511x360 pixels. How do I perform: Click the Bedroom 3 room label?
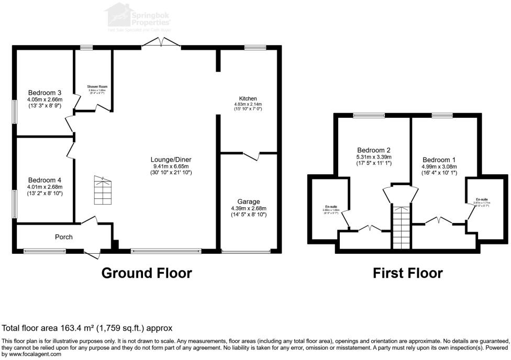pyautogui.click(x=45, y=93)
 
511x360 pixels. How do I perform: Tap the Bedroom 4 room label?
pyautogui.click(x=45, y=179)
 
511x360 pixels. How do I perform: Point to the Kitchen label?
pyautogui.click(x=248, y=98)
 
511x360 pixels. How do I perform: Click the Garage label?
pyautogui.click(x=249, y=201)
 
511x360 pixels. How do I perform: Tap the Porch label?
pyautogui.click(x=64, y=237)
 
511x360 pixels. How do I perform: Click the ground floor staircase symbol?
pyautogui.click(x=102, y=190)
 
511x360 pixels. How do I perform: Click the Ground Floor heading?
pyautogui.click(x=146, y=273)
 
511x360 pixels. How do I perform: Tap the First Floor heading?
pyautogui.click(x=407, y=273)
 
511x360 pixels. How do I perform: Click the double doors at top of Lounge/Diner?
pyautogui.click(x=161, y=44)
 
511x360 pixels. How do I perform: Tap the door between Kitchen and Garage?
pyautogui.click(x=252, y=155)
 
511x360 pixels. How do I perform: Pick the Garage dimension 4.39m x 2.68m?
pyautogui.click(x=249, y=208)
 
